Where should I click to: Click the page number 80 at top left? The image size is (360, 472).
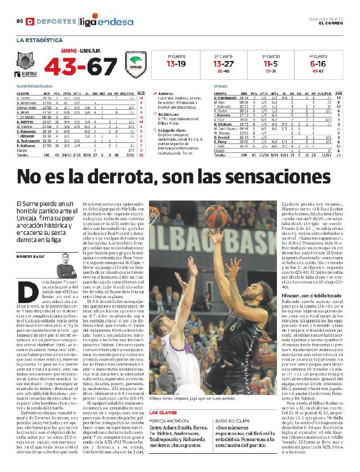[19, 22]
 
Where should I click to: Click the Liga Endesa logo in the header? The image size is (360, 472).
[106, 22]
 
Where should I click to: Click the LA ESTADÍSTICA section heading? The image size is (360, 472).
[40, 40]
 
